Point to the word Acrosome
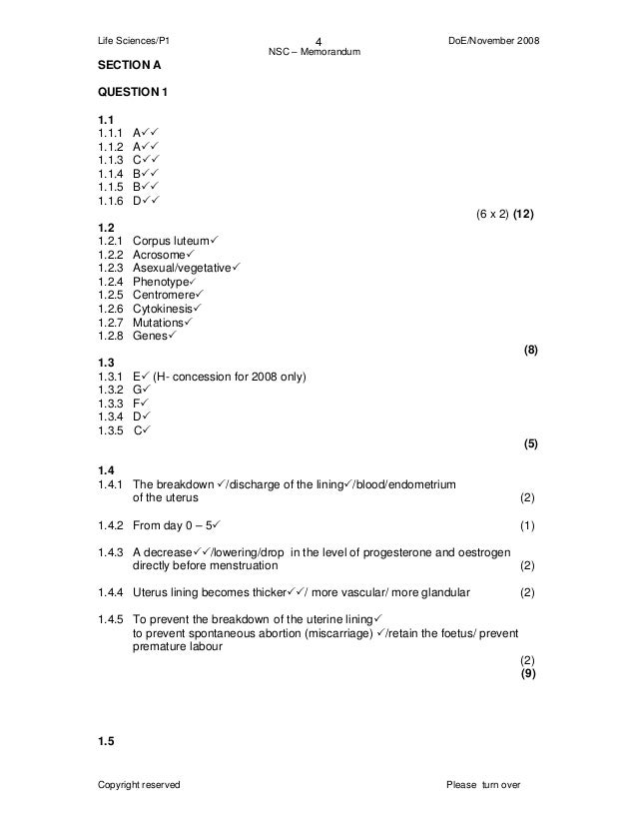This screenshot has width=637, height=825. (x=161, y=256)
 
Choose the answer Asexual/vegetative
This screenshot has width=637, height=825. (x=181, y=270)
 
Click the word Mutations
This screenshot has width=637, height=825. (x=159, y=324)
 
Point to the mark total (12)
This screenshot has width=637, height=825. (x=529, y=215)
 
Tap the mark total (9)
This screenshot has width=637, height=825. (x=529, y=673)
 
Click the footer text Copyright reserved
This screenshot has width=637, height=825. (x=138, y=784)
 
